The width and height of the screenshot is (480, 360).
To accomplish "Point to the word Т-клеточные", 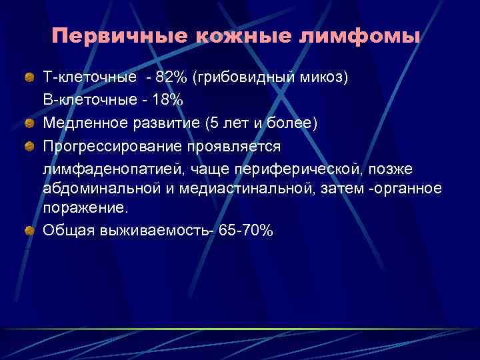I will (90, 78).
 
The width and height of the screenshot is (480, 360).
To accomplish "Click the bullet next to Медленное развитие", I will (29, 123).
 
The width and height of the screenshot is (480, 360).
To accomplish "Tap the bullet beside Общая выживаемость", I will (29, 231).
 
